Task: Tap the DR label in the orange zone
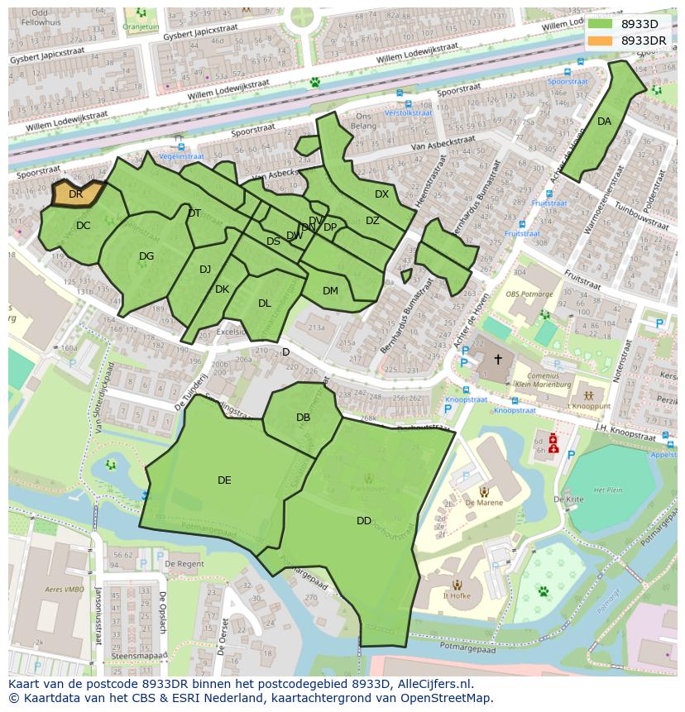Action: [75, 194]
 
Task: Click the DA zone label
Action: [604, 122]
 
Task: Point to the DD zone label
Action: [364, 521]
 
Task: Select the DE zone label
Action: [224, 480]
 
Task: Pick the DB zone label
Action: [303, 418]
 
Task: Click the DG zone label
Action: [146, 256]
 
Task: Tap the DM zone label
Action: [330, 291]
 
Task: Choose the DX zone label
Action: [381, 194]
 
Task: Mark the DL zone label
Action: [264, 303]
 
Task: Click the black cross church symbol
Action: [497, 360]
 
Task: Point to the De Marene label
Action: [483, 502]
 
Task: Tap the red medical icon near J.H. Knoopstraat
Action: [553, 443]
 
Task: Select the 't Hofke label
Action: [457, 595]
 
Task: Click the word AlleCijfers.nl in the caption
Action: [434, 684]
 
